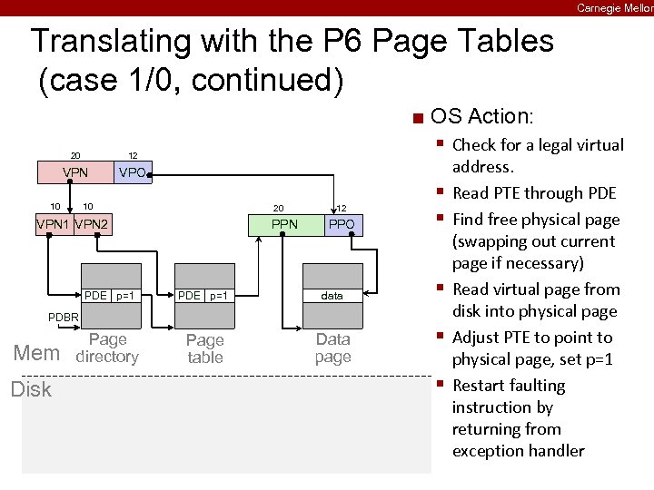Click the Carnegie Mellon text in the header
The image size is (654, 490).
coord(614,7)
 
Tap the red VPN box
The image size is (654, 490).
coord(74,171)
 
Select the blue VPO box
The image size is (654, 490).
coord(133,171)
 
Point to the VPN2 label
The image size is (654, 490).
coord(93,225)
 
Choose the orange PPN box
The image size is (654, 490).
coord(284,224)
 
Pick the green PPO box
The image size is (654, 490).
coord(342,224)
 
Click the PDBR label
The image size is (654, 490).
coord(63,317)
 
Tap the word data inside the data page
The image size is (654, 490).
coord(332,296)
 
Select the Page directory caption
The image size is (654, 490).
coord(108,348)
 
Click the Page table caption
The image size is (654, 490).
coord(204,348)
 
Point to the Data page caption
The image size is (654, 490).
coord(332,348)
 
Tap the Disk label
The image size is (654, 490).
coord(31,389)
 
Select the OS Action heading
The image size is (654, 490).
coord(482,116)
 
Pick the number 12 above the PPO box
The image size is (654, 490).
coord(342,208)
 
